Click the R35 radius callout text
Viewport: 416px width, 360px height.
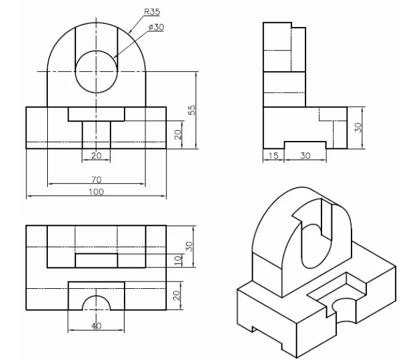tap(152, 12)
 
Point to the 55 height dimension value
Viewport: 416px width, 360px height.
tap(191, 110)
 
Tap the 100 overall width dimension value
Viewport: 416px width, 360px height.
tap(96, 192)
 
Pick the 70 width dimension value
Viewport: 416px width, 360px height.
tap(96, 180)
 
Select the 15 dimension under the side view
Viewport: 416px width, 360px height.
tap(274, 156)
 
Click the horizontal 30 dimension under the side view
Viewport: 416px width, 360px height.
tap(305, 156)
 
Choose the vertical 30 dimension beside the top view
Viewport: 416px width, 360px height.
tap(190, 246)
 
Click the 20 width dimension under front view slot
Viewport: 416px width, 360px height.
tap(96, 156)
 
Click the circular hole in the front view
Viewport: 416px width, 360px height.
tap(96, 72)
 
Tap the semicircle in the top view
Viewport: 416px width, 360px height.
tap(96, 303)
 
